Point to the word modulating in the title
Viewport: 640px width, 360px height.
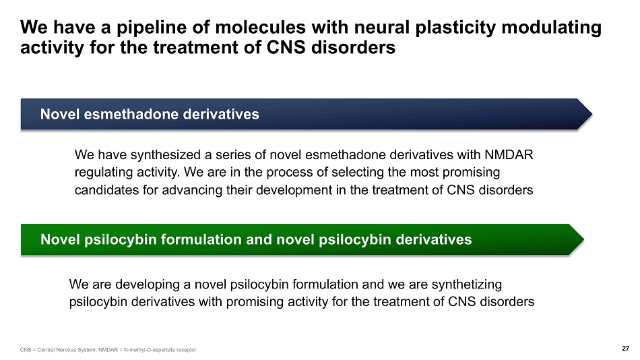point(552,28)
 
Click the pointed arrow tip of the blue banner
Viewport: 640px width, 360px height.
point(592,115)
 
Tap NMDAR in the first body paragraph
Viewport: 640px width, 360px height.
point(509,155)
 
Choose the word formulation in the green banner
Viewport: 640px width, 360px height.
point(201,239)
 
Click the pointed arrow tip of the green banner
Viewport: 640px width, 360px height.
point(583,239)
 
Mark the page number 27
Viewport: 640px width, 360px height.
point(625,349)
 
